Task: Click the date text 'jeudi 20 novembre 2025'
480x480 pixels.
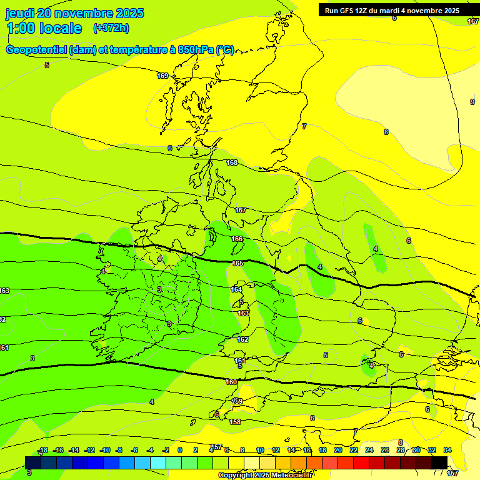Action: click(74, 13)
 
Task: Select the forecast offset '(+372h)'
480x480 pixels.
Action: click(111, 27)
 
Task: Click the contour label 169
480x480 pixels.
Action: click(162, 76)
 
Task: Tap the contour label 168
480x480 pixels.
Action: click(232, 162)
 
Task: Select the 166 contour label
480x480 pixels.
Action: click(237, 239)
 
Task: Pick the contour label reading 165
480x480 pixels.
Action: click(237, 263)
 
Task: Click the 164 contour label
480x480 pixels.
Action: click(236, 289)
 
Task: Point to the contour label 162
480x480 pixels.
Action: click(242, 339)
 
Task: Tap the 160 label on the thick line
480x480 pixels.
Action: click(231, 382)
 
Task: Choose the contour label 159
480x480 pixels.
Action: click(237, 401)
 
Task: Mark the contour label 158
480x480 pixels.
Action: click(235, 422)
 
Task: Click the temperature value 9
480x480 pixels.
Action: click(472, 102)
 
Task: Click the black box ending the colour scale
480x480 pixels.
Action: click(439, 462)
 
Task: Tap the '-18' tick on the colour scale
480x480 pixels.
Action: click(42, 450)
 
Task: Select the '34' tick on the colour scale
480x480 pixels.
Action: click(447, 450)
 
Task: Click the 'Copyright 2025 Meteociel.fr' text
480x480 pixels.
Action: click(266, 475)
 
